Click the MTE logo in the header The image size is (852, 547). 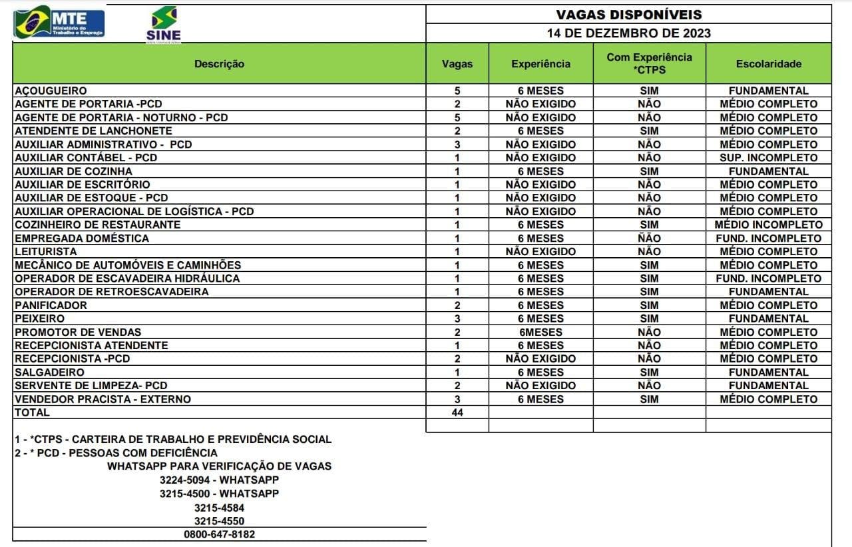pyautogui.click(x=59, y=23)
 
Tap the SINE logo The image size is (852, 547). pyautogui.click(x=164, y=25)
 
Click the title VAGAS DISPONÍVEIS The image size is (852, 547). pyautogui.click(x=628, y=15)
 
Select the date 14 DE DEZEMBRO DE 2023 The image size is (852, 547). pyautogui.click(x=628, y=33)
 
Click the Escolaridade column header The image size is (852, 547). pyautogui.click(x=769, y=64)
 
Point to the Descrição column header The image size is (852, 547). pyautogui.click(x=219, y=64)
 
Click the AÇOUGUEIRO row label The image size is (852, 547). pyautogui.click(x=51, y=91)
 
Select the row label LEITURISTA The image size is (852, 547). pyautogui.click(x=45, y=252)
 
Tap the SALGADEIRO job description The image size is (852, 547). pyautogui.click(x=49, y=372)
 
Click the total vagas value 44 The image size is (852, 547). pyautogui.click(x=457, y=412)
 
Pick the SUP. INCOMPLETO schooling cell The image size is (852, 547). pyautogui.click(x=769, y=158)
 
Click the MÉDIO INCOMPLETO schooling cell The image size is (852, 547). pyautogui.click(x=769, y=225)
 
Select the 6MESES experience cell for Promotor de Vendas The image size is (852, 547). pyautogui.click(x=540, y=332)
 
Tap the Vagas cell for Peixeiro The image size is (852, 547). pyautogui.click(x=457, y=318)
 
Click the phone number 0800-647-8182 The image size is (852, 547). pyautogui.click(x=219, y=534)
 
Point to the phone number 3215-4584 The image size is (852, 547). pyautogui.click(x=219, y=508)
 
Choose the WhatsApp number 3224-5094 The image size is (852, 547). pyautogui.click(x=219, y=480)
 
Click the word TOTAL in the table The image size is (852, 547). pyautogui.click(x=32, y=412)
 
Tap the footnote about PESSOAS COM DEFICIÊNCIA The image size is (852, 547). pyautogui.click(x=116, y=453)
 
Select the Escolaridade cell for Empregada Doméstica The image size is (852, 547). pyautogui.click(x=769, y=239)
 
